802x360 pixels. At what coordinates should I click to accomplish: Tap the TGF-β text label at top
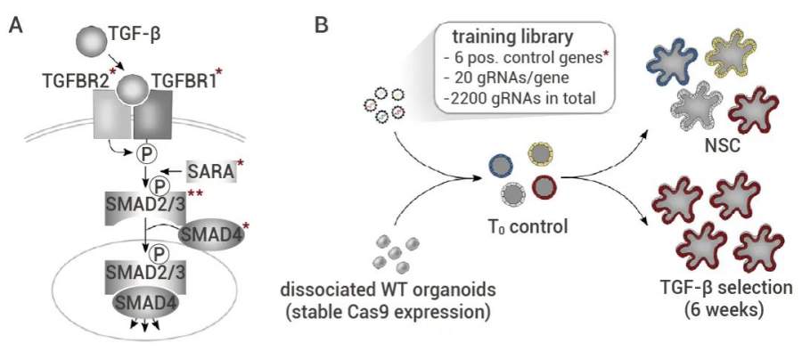click(132, 37)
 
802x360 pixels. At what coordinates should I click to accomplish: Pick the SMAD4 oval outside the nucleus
click(207, 236)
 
